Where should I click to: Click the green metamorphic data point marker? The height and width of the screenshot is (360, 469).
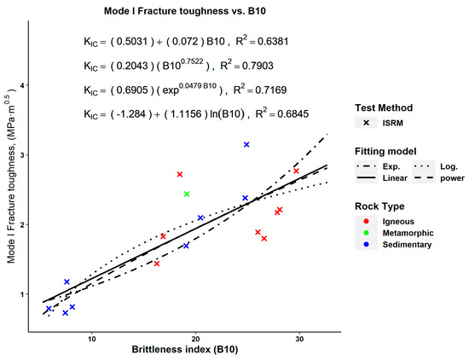pyautogui.click(x=187, y=195)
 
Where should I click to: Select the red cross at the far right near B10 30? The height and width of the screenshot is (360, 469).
pyautogui.click(x=296, y=171)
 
